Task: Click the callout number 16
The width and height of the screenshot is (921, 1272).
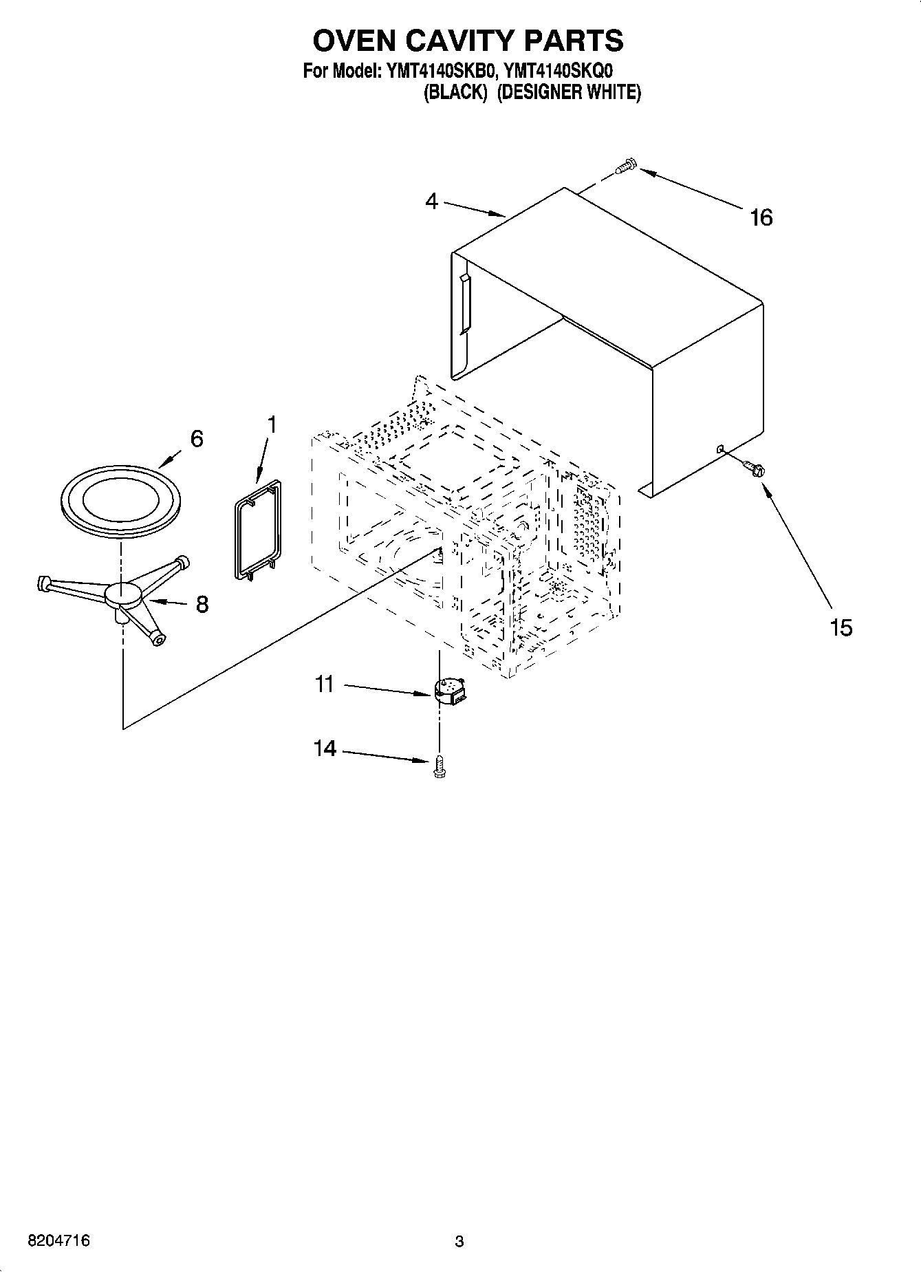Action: pyautogui.click(x=761, y=217)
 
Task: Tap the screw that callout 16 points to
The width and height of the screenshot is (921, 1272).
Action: pyautogui.click(x=627, y=166)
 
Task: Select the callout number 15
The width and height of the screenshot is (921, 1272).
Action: pyautogui.click(x=841, y=627)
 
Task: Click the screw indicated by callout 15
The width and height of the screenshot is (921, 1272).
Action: pyautogui.click(x=754, y=468)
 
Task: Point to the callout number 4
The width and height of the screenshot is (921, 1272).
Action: pyautogui.click(x=431, y=202)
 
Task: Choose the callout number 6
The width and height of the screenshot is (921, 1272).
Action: pyautogui.click(x=197, y=438)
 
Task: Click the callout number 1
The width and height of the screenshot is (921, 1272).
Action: pyautogui.click(x=272, y=424)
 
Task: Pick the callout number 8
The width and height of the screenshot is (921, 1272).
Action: pyautogui.click(x=202, y=604)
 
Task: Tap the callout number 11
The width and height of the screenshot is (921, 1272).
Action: pyautogui.click(x=324, y=684)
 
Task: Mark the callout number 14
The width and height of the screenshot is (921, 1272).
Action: pyautogui.click(x=325, y=748)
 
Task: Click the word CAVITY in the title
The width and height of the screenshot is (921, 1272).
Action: pyautogui.click(x=464, y=41)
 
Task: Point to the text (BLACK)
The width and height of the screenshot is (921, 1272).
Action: pyautogui.click(x=455, y=92)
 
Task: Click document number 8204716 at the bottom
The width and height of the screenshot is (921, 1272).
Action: pyautogui.click(x=58, y=1240)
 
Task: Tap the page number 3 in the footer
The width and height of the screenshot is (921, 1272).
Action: pyautogui.click(x=459, y=1241)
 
